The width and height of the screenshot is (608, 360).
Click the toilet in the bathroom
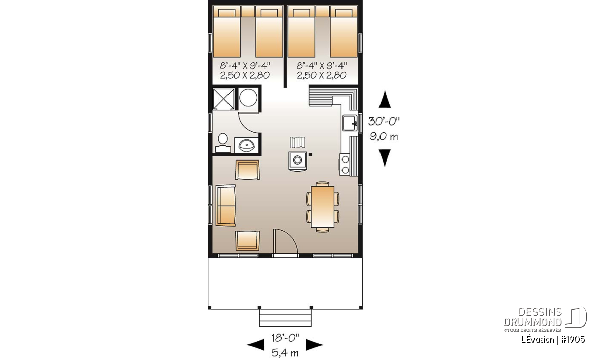click(223, 143)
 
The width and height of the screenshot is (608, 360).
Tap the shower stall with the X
click(223, 99)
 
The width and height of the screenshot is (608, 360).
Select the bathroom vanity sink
click(246, 145)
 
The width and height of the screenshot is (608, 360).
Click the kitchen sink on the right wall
click(350, 123)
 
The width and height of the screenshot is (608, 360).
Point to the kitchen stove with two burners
click(345, 165)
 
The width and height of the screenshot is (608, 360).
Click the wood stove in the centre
click(297, 161)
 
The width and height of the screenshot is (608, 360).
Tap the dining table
click(322, 207)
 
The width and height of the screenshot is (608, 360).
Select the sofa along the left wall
click(225, 206)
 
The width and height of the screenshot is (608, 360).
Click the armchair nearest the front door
click(247, 241)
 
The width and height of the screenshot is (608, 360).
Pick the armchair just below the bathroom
click(247, 170)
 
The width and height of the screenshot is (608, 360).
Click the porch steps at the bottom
click(285, 317)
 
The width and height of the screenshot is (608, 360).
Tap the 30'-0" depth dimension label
click(384, 122)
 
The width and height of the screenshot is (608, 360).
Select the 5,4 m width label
click(285, 353)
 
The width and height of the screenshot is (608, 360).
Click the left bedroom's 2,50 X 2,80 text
click(245, 75)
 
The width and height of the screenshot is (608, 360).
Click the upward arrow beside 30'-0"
click(385, 99)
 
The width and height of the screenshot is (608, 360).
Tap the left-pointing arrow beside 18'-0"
click(255, 345)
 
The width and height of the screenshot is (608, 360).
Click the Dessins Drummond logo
click(545, 319)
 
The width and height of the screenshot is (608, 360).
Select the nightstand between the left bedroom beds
click(248, 12)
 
